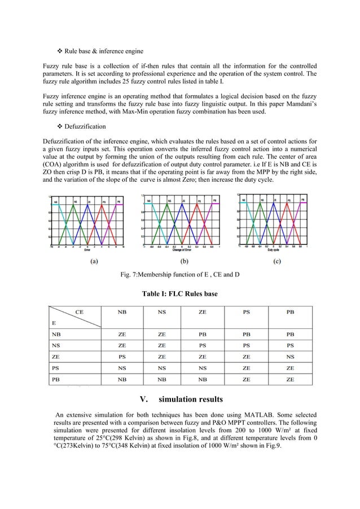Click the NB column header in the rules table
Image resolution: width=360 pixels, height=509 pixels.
click(x=122, y=311)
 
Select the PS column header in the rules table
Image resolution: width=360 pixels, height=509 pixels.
click(x=247, y=311)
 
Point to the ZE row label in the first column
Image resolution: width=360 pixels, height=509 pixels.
click(x=55, y=357)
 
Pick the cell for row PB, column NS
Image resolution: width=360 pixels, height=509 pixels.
click(x=162, y=380)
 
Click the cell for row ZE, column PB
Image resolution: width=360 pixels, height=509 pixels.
click(x=290, y=357)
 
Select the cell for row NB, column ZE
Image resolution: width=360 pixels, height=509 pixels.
click(x=203, y=334)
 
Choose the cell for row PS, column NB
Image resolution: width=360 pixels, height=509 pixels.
click(x=122, y=368)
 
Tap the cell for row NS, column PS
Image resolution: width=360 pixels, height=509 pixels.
click(x=247, y=345)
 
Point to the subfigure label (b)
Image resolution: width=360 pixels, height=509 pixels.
click(x=184, y=261)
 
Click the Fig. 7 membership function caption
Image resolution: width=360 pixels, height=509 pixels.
click(x=180, y=275)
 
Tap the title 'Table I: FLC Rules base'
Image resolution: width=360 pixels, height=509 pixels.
click(x=179, y=293)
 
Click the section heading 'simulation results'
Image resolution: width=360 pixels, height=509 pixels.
click(x=191, y=400)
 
